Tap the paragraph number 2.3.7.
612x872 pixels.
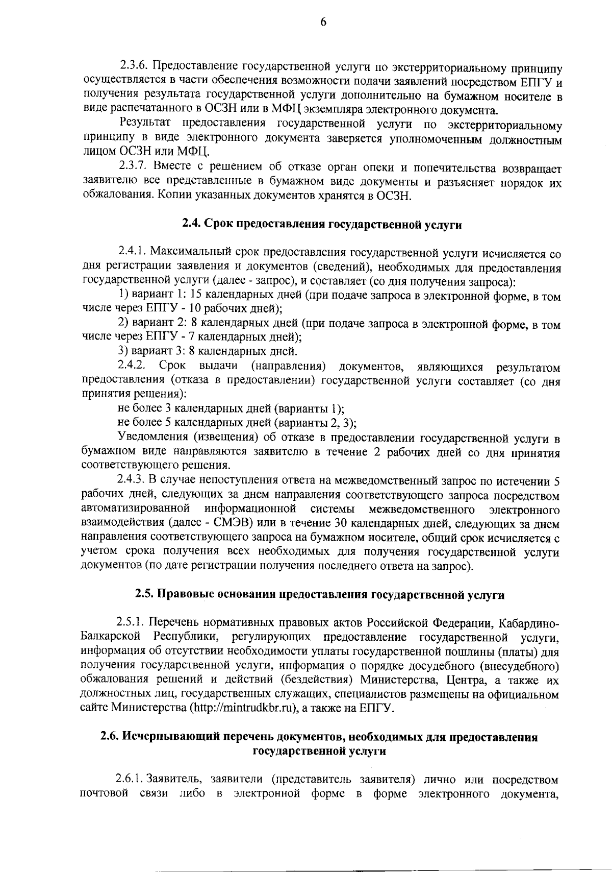(133, 166)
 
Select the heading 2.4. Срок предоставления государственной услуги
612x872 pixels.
(322, 225)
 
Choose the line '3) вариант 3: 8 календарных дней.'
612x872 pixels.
(208, 351)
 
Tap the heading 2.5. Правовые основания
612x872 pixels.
(320, 595)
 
